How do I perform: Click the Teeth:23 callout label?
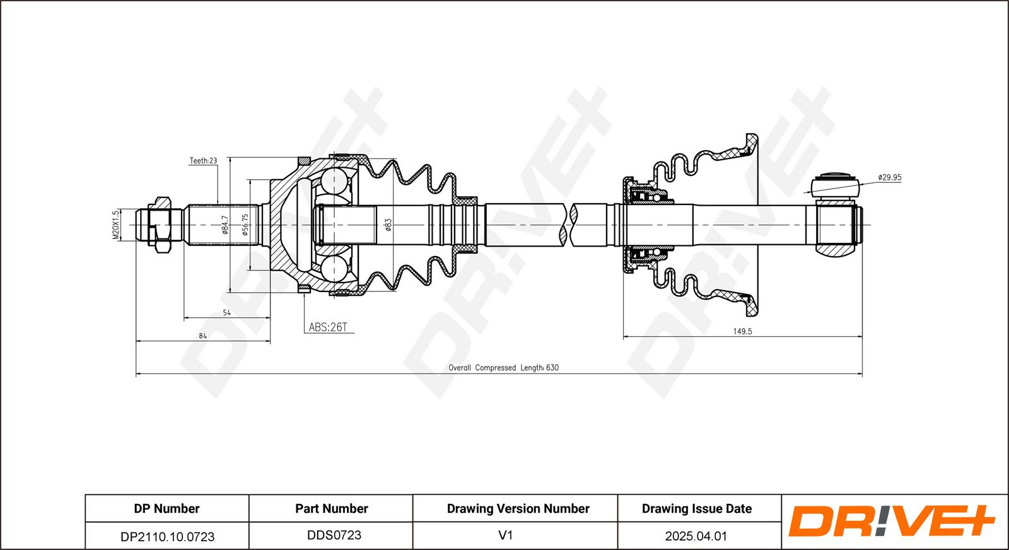point(203,161)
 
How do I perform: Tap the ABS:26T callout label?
point(327,327)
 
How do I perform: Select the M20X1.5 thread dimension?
point(116,225)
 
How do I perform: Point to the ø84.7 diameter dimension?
point(225,225)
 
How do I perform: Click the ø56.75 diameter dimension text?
point(245,225)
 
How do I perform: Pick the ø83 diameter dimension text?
point(388,225)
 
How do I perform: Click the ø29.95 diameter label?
point(889,177)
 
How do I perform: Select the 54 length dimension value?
point(226,313)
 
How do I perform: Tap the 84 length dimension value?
point(202,336)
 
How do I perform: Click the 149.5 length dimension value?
point(742,331)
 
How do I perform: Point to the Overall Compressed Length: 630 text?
point(503,368)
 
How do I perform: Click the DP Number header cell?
point(166,508)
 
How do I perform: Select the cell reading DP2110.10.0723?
point(167,536)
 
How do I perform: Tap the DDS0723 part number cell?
point(334,535)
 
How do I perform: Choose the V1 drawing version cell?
point(505,535)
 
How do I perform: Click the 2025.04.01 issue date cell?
point(696,536)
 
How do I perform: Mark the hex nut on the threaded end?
point(160,225)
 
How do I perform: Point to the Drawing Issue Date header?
point(696,508)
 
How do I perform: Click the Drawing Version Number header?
point(518,508)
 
